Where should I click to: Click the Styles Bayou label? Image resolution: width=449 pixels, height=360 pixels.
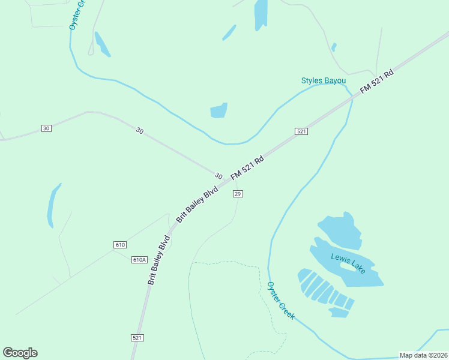click(x=324, y=80)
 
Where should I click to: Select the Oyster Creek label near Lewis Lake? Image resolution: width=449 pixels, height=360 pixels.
click(x=281, y=301)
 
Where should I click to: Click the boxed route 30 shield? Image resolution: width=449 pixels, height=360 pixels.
click(x=46, y=128)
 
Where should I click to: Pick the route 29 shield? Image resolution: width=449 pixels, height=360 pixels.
click(x=238, y=193)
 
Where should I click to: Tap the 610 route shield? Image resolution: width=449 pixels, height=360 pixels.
click(x=119, y=245)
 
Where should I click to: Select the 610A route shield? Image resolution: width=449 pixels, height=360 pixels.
click(x=139, y=259)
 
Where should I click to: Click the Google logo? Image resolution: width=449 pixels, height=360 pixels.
click(x=20, y=352)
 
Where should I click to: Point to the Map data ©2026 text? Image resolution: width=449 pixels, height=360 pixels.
click(x=423, y=355)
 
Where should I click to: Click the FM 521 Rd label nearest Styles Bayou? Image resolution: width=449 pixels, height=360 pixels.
click(x=376, y=81)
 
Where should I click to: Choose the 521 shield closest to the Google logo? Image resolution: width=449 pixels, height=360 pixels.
click(x=137, y=338)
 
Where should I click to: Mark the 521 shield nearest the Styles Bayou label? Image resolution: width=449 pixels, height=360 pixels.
click(x=301, y=131)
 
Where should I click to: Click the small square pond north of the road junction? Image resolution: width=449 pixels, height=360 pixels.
click(x=218, y=110)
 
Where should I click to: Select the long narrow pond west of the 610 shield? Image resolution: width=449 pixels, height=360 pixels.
click(x=53, y=206)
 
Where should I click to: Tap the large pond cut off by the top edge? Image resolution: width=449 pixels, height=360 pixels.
click(x=261, y=13)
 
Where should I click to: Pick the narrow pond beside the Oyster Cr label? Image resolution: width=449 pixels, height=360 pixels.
click(x=101, y=44)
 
